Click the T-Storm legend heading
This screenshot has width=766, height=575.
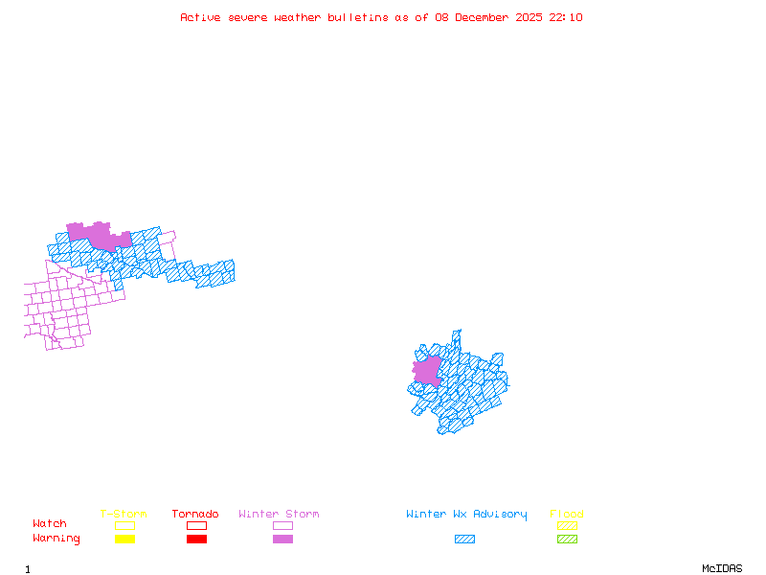124,515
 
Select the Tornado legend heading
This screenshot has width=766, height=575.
195,515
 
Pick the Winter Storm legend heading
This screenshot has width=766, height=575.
279,515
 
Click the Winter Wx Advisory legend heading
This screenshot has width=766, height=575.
466,515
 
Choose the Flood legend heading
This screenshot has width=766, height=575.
567,515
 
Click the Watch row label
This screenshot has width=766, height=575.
50,524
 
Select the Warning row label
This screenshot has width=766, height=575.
56,539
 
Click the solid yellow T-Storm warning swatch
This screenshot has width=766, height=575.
124,540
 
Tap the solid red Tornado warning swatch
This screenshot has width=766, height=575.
196,540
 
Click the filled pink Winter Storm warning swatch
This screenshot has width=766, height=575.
282,540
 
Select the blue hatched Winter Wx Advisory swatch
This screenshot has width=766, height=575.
464,540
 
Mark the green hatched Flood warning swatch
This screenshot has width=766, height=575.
567,540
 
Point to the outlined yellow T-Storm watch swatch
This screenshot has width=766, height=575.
124,525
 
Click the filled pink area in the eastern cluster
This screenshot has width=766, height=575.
427,372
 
